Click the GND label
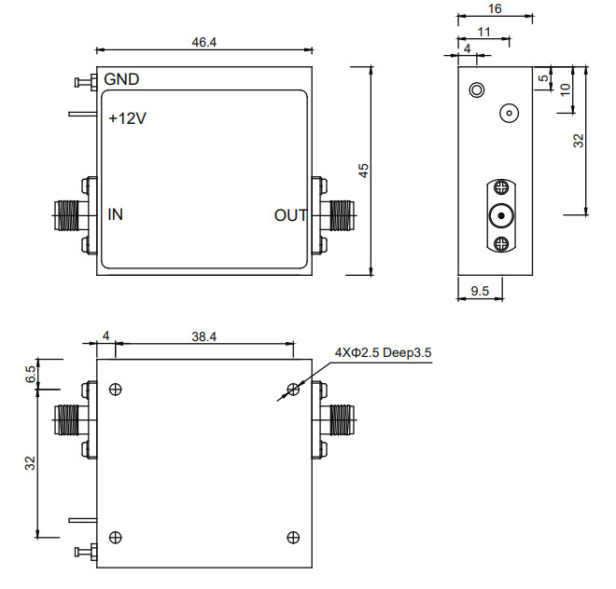coord(122,79)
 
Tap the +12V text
coord(127,119)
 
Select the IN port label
coord(116,215)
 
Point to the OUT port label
coord(290,215)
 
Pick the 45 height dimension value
coord(365,171)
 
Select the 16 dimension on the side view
coord(495,8)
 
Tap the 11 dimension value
coord(483,32)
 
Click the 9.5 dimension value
coord(480,292)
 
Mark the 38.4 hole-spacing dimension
coord(204,336)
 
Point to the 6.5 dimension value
coord(31,375)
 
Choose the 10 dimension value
coord(566,89)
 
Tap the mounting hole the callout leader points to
coord(293,389)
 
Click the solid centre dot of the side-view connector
coord(501,217)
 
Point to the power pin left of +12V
coord(82,115)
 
